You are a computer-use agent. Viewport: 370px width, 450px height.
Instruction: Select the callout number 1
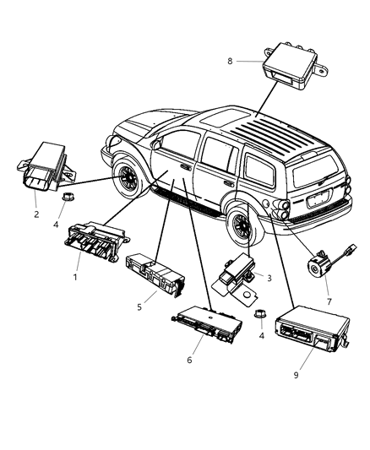(76, 277)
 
